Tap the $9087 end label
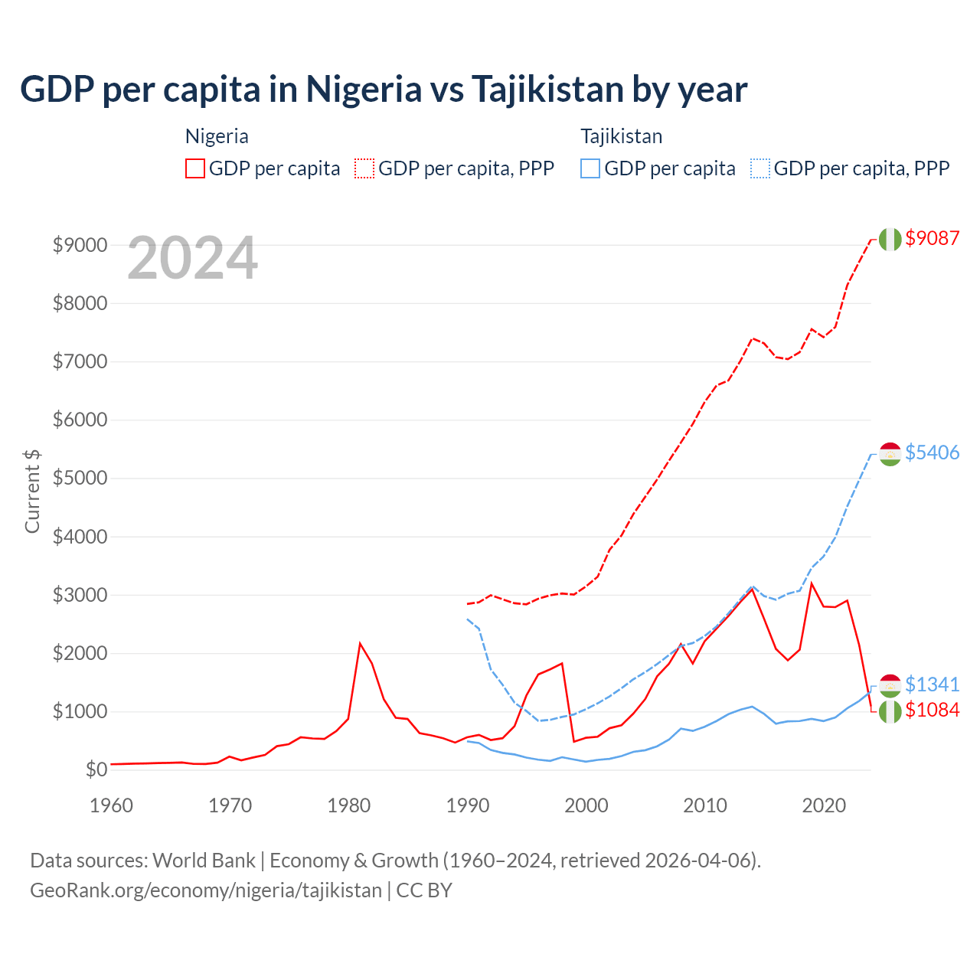932,238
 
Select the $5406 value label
932,452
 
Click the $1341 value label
932,684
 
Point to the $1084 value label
932,710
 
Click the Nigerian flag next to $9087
890,239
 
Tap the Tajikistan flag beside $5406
890,453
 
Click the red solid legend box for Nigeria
195,168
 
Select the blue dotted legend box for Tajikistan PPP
760,168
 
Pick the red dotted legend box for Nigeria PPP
364,168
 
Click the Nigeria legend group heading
217,136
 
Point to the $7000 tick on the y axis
80,361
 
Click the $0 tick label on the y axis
96,769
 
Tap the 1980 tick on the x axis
349,805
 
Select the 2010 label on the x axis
705,805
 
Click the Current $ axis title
32,491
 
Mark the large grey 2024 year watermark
192,259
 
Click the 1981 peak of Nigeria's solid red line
360,643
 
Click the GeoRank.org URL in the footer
205,890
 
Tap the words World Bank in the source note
204,861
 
